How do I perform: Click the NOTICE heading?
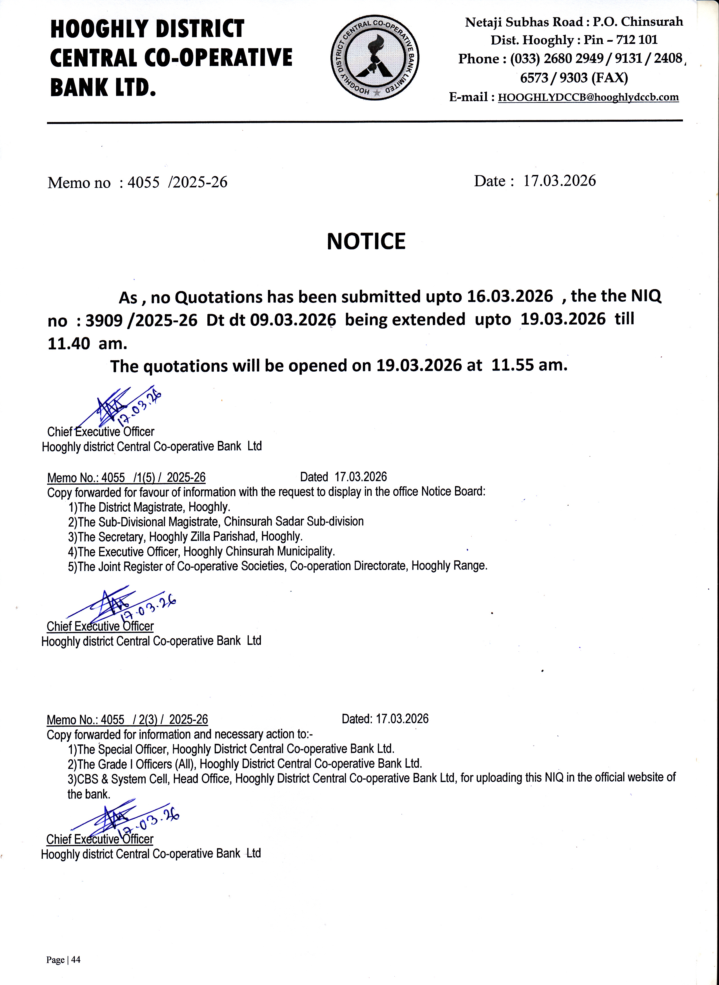(366, 241)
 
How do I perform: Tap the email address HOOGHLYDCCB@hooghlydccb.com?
(588, 97)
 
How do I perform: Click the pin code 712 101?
(637, 40)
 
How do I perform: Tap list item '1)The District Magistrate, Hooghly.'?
(149, 507)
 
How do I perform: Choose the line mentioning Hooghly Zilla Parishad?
(185, 537)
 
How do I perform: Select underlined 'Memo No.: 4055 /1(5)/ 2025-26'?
(126, 478)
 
